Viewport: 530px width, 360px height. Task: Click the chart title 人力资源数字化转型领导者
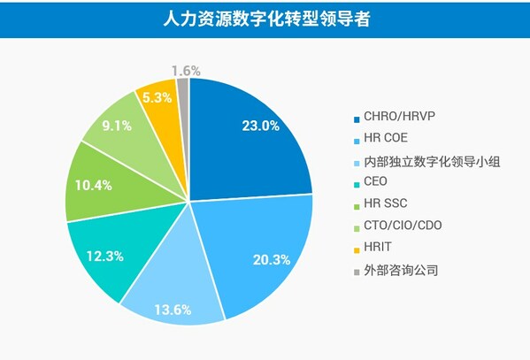tap(265, 19)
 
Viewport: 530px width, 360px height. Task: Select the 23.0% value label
tap(260, 126)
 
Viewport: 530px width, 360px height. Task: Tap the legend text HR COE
tap(385, 139)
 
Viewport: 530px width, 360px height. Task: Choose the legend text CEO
tap(375, 182)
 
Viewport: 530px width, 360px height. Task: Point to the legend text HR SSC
tap(384, 204)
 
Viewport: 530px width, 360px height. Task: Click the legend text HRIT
tap(378, 249)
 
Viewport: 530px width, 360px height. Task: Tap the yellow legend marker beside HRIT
tap(356, 249)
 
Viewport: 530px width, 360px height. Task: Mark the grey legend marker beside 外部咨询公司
tap(356, 271)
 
